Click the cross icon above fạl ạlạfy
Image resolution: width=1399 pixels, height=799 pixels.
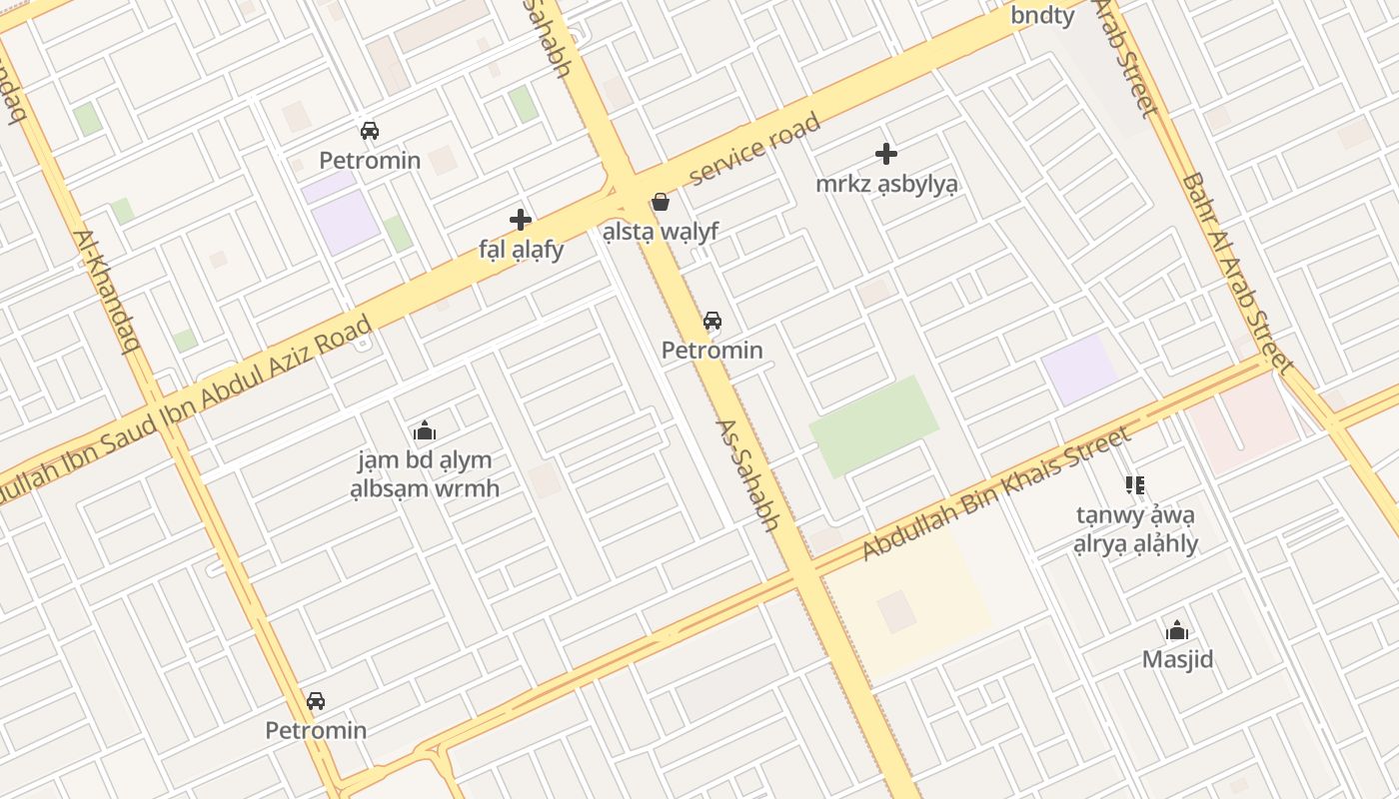(520, 220)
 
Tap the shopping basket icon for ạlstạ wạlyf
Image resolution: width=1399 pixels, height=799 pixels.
(661, 203)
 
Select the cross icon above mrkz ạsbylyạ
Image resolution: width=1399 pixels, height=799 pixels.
(886, 154)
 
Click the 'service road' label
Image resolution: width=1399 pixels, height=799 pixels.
(755, 149)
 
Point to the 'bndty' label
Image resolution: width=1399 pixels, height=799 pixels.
(1042, 15)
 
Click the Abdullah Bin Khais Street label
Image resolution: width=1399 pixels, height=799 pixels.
(997, 491)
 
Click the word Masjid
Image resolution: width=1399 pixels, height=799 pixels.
(1177, 659)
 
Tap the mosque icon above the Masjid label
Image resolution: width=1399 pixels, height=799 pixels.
(1177, 630)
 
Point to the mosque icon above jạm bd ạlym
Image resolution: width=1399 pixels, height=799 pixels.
(425, 431)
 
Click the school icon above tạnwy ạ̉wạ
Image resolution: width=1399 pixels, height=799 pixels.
(1134, 485)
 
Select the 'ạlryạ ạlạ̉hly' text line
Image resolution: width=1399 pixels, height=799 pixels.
(1135, 544)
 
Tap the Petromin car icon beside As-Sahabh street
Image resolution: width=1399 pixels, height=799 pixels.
(711, 321)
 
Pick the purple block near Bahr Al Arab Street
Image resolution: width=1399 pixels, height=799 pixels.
(1079, 369)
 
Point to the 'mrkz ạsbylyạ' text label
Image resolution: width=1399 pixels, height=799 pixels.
(886, 184)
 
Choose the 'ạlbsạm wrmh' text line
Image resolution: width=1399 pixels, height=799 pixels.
(425, 489)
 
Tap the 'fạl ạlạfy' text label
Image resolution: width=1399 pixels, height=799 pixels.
(521, 250)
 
